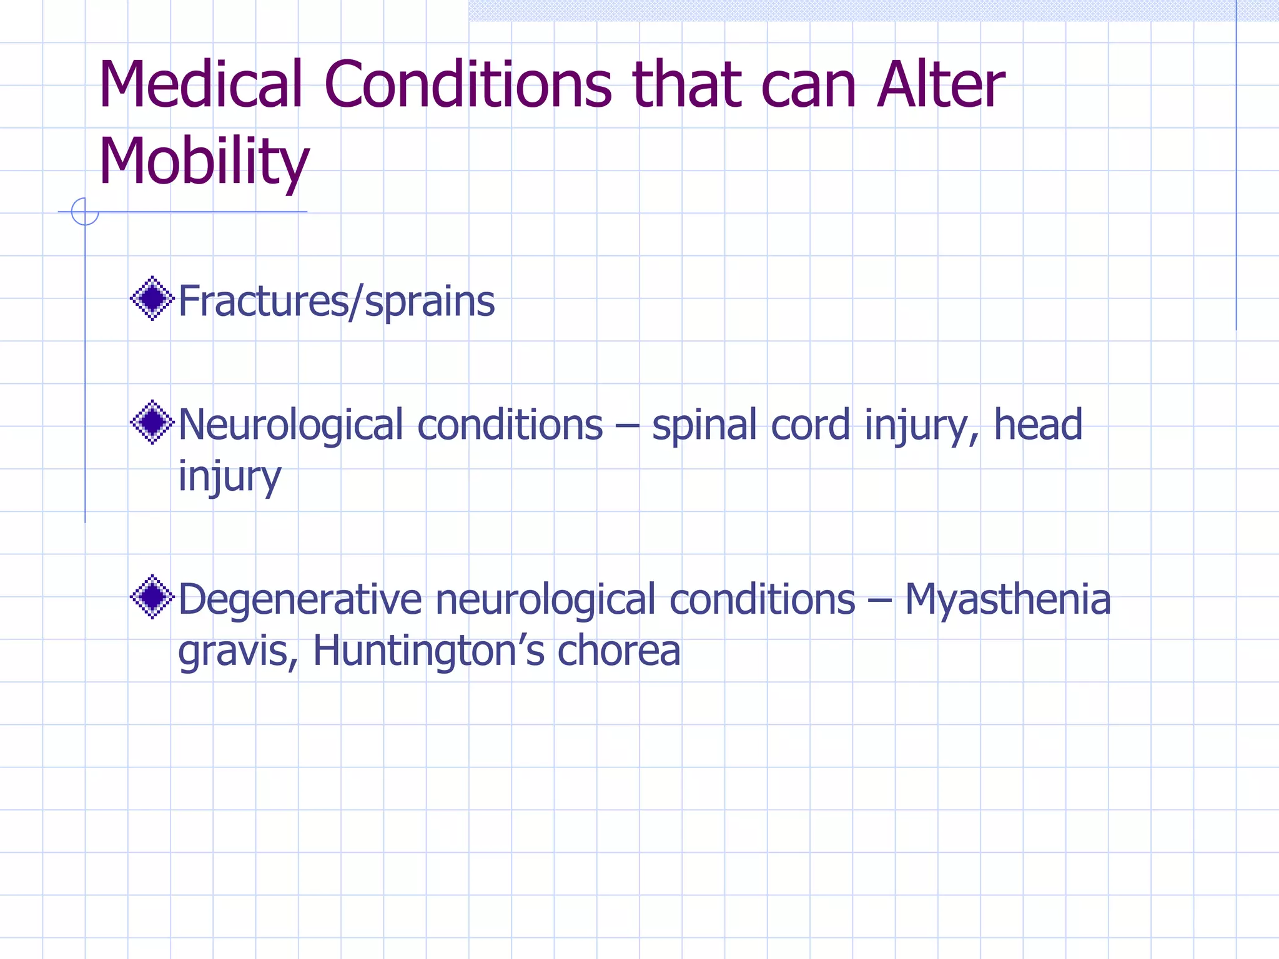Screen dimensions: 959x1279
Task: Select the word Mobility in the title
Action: (204, 161)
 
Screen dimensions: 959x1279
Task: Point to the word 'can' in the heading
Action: (808, 86)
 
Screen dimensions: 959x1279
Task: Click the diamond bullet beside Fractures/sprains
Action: (152, 298)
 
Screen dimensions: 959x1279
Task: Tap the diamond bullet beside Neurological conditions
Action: (152, 423)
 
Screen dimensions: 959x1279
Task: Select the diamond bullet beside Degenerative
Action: (152, 597)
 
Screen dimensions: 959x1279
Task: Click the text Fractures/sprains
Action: (337, 301)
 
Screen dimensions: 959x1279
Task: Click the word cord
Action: (810, 425)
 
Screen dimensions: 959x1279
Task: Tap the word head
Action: (1037, 424)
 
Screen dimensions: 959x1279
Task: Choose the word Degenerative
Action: (300, 599)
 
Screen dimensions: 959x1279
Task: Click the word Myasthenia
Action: (1007, 599)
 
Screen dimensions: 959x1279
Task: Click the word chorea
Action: (618, 651)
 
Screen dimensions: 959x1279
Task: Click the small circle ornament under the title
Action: (85, 212)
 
